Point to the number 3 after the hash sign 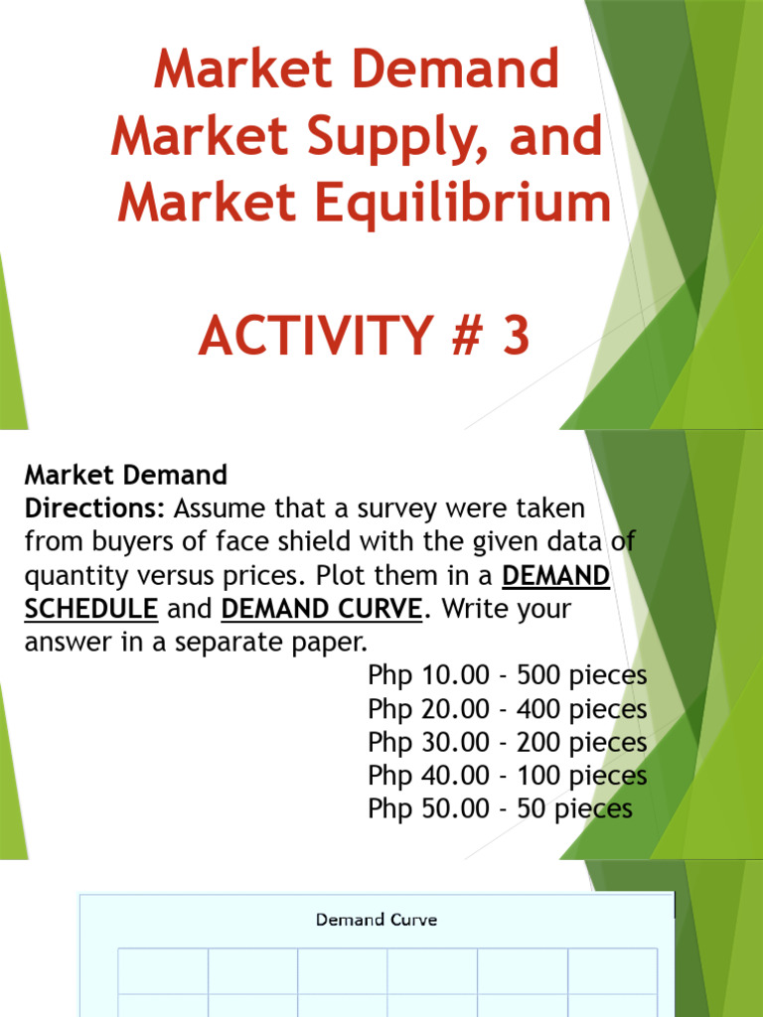coord(516,336)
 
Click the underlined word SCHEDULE coord(90,609)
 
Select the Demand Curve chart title coord(377,920)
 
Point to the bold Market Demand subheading coord(125,476)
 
